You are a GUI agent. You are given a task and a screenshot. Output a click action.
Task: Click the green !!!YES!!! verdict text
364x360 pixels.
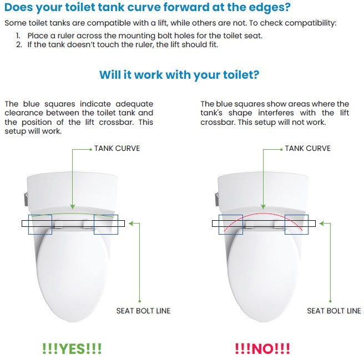point(72,348)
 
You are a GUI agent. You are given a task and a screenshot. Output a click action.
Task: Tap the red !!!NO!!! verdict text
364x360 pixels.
point(262,348)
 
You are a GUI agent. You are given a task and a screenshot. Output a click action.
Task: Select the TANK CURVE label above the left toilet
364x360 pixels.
point(117,148)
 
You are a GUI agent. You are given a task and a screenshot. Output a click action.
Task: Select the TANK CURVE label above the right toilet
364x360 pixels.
point(307,148)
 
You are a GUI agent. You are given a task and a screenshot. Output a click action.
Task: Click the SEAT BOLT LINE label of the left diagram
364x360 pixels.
point(144,311)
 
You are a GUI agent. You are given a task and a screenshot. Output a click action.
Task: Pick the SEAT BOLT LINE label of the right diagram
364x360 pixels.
point(334,311)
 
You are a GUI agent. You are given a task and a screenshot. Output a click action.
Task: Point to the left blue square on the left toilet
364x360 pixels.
point(40,215)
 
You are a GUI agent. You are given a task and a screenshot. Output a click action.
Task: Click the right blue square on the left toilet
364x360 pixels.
point(106,215)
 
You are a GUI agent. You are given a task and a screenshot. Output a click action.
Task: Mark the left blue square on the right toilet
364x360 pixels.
point(231,215)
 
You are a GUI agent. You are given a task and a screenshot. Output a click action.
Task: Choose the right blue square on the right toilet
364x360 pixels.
point(296,215)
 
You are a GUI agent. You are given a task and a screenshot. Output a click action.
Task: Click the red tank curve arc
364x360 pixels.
point(263,214)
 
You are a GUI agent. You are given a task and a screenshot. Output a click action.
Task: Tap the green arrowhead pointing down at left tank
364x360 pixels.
point(73,206)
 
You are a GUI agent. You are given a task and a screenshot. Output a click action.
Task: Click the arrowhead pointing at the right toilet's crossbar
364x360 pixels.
point(321,224)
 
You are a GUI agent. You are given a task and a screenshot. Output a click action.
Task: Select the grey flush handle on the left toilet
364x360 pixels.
point(26,199)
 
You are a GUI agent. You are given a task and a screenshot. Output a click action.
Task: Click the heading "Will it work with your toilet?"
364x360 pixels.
point(179,75)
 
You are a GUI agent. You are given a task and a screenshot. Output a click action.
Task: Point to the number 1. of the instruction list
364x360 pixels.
point(18,36)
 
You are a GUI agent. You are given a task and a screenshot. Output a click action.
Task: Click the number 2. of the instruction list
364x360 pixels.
point(19,44)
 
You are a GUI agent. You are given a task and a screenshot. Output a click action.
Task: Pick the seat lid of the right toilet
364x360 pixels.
point(264,274)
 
